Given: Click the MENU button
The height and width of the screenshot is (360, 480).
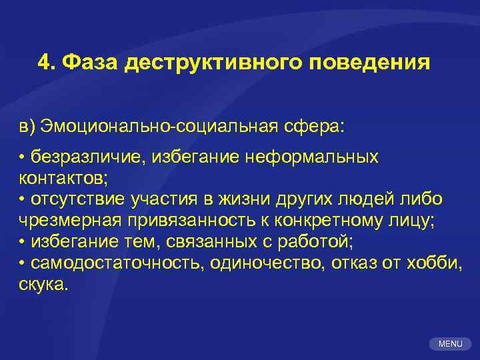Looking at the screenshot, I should [x=451, y=344].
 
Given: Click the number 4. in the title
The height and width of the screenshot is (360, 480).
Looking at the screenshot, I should [x=46, y=63].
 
